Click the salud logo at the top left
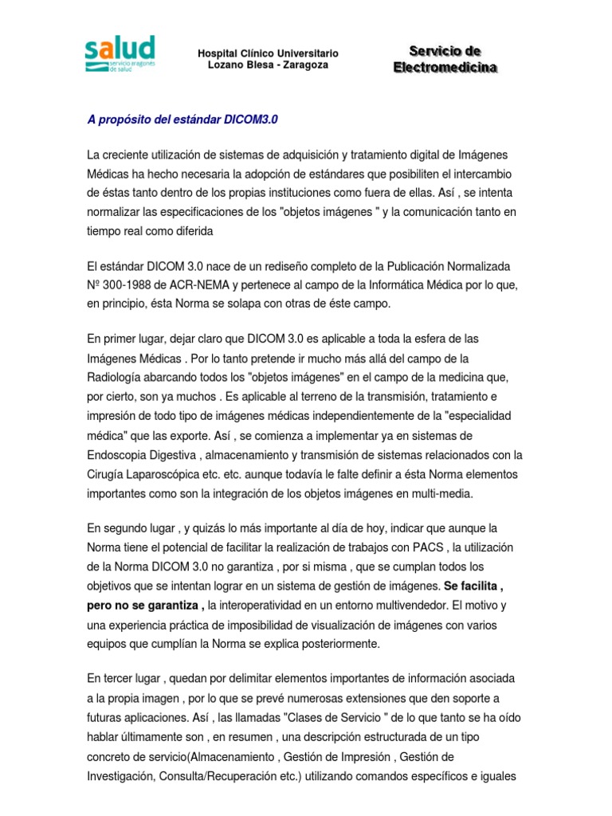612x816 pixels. pyautogui.click(x=120, y=53)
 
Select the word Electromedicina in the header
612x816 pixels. pyautogui.click(x=445, y=68)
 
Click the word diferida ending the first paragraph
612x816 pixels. pyautogui.click(x=190, y=230)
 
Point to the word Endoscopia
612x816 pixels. pyautogui.click(x=120, y=455)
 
